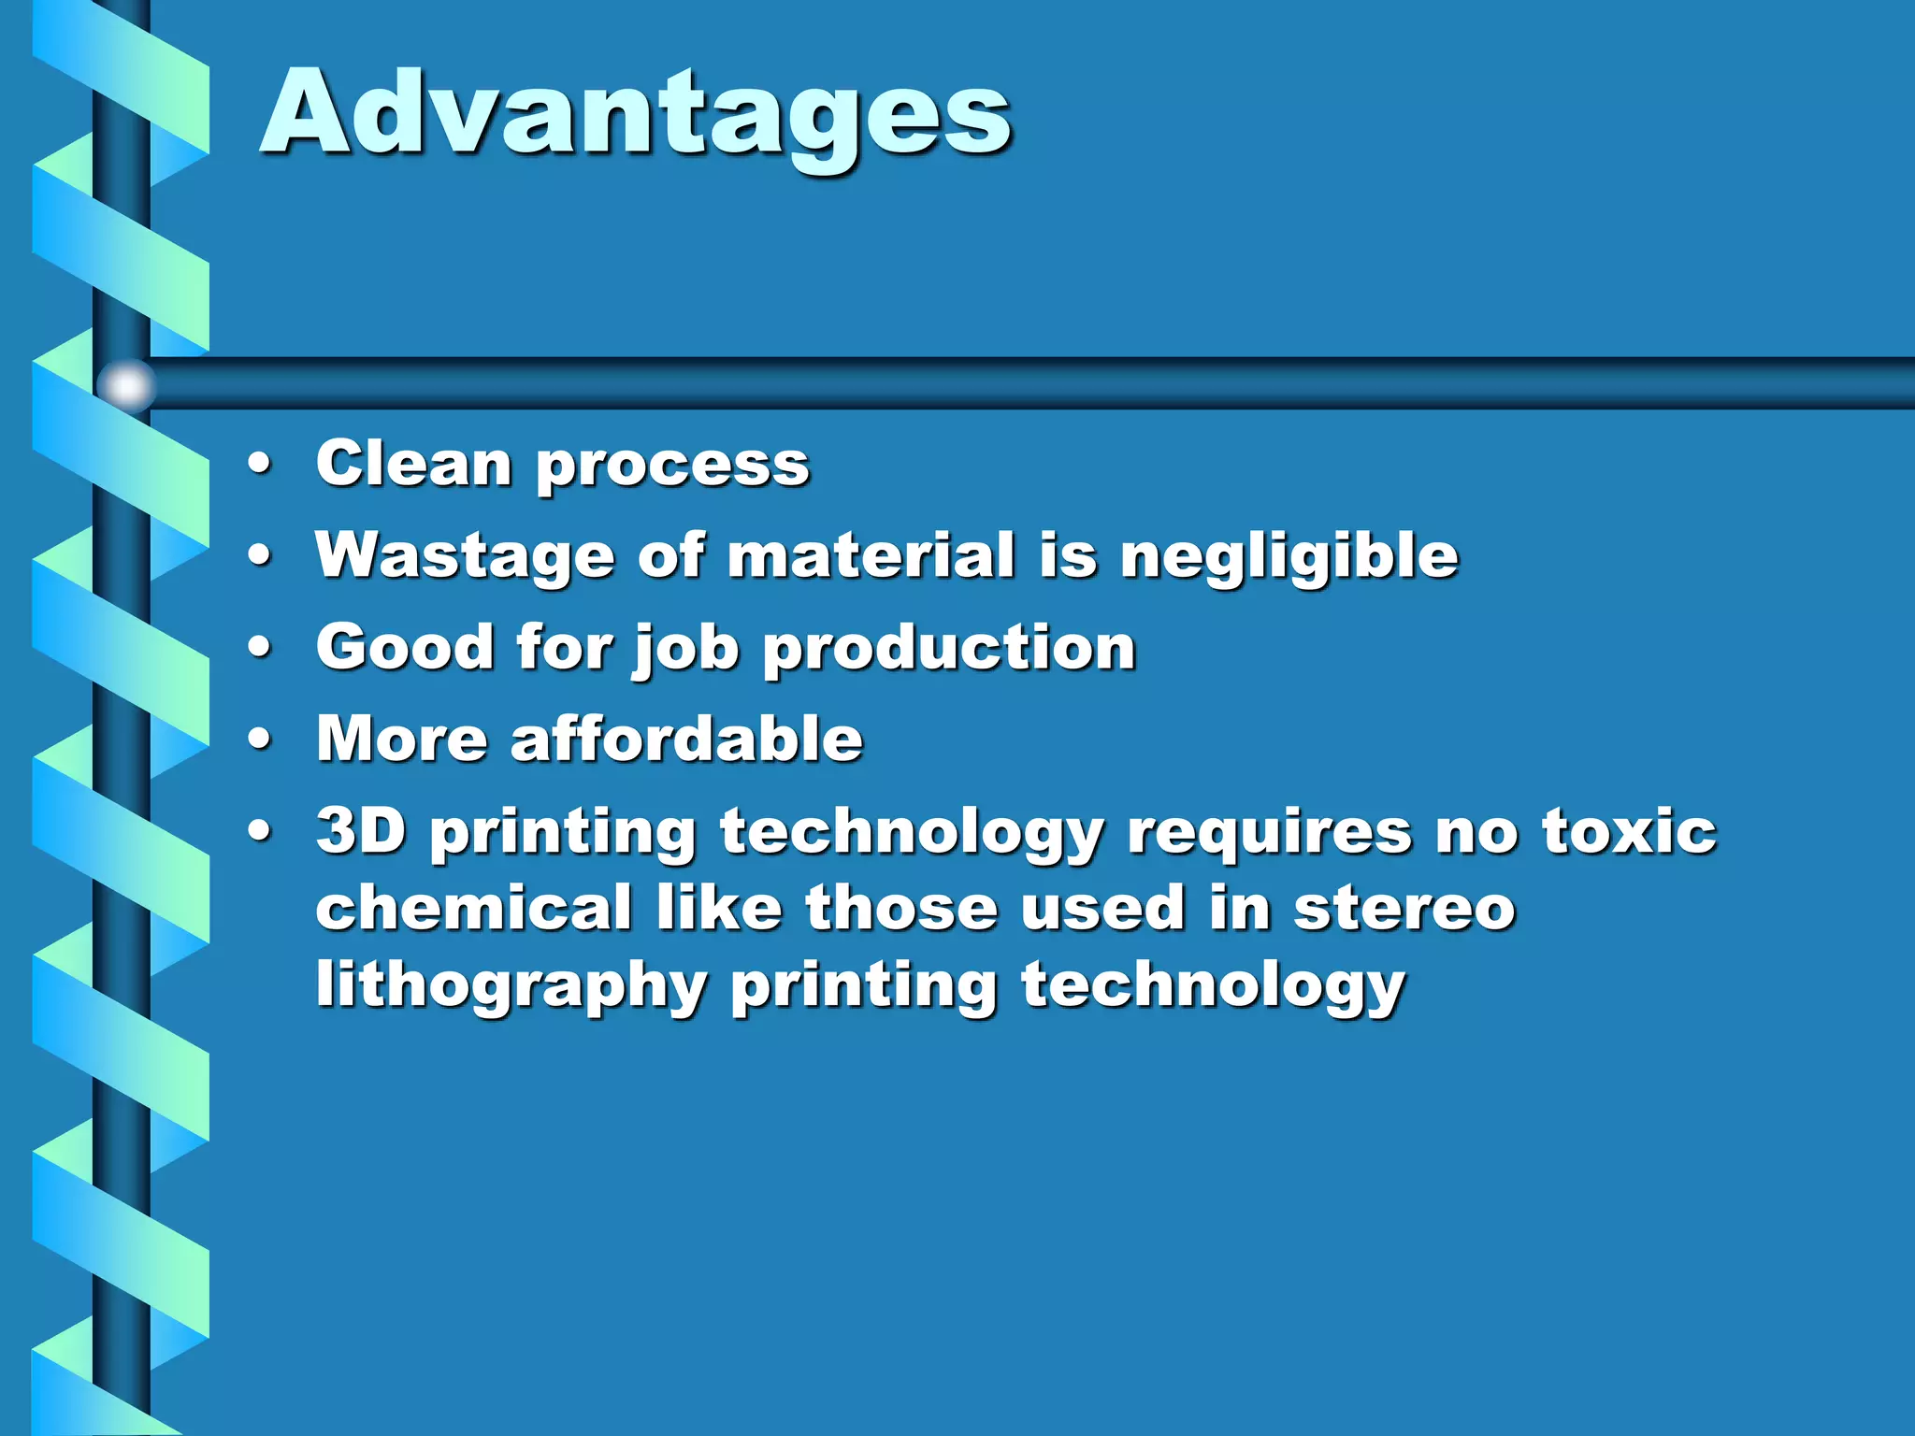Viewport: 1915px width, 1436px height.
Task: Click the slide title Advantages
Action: pos(636,114)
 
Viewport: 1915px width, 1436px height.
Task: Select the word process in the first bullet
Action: pos(672,465)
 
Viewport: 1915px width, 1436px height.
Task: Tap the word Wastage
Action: pos(465,556)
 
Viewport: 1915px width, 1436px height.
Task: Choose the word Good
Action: pos(405,646)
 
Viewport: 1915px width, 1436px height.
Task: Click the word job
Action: pos(686,648)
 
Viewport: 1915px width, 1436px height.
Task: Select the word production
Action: pos(949,648)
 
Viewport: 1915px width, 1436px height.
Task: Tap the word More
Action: pos(402,739)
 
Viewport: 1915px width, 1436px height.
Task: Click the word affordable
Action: pos(686,739)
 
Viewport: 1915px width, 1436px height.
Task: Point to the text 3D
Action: pos(361,830)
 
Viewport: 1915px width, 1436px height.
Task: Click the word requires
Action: pos(1269,832)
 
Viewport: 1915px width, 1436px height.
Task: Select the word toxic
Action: pos(1628,830)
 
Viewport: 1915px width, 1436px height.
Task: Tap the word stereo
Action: pos(1404,909)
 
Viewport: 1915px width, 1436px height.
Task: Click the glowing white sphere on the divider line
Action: pos(126,384)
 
